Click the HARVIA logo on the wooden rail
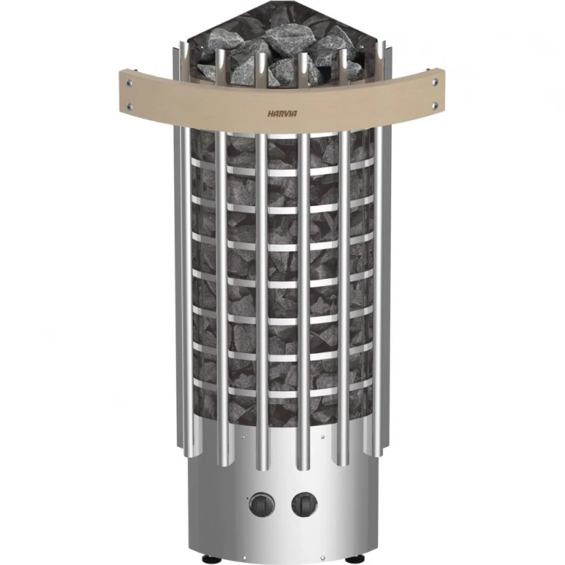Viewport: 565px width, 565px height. click(x=282, y=114)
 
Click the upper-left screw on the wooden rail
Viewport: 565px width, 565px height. click(x=129, y=83)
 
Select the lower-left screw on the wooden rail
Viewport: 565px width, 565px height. click(x=129, y=107)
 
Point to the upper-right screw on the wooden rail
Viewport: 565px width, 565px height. click(x=435, y=82)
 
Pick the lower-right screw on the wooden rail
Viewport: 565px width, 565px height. click(x=435, y=105)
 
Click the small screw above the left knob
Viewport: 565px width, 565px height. click(x=243, y=437)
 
